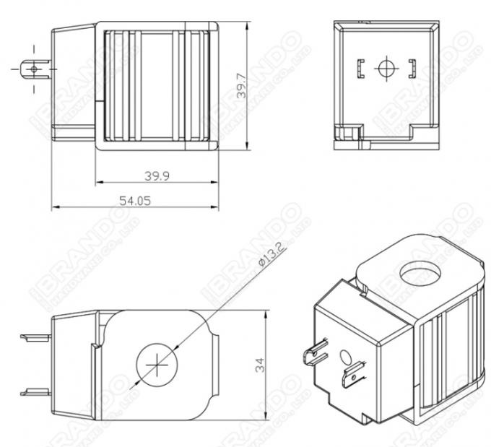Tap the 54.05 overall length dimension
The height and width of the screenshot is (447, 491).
pos(135,201)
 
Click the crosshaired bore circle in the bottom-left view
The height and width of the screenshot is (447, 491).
pos(155,366)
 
